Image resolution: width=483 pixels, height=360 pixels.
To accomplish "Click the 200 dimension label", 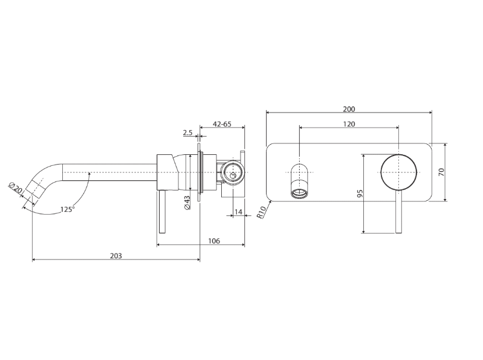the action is [349, 109].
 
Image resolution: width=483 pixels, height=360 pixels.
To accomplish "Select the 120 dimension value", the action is [349, 124].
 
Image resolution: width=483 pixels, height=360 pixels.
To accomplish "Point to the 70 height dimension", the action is [441, 172].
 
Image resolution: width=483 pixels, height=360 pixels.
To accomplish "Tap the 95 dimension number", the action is [359, 194].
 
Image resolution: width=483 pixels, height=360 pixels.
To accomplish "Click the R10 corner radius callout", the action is [262, 212].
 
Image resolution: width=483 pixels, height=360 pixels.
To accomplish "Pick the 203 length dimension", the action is [116, 256].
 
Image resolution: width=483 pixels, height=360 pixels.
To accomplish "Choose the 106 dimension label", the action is [214, 241].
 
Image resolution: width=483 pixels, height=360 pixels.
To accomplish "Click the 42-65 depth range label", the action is [222, 124].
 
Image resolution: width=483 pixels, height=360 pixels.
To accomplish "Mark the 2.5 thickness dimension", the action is [187, 133].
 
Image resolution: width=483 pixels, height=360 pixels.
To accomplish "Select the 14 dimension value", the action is [238, 212].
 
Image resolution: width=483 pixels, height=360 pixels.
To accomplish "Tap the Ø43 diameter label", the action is [187, 203].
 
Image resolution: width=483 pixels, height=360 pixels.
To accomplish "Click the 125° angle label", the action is [68, 209].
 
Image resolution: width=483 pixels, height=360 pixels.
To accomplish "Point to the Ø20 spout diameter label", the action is [15, 188].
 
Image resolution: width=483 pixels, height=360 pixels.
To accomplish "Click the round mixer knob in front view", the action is [398, 172].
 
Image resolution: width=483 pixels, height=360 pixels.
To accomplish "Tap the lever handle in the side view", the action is [162, 212].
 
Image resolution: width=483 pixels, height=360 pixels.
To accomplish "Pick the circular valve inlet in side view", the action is [233, 172].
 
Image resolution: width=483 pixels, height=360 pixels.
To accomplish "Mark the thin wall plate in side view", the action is [199, 172].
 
